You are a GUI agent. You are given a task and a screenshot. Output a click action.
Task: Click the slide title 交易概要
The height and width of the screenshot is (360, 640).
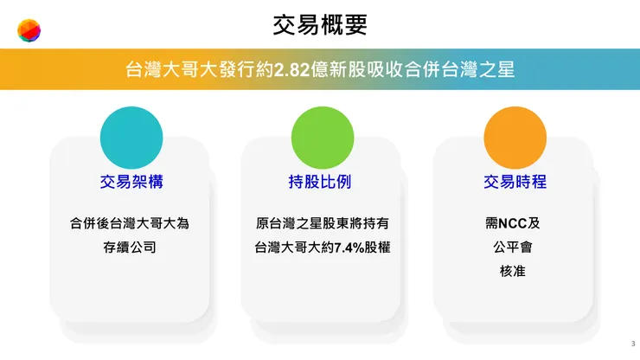pyautogui.click(x=320, y=26)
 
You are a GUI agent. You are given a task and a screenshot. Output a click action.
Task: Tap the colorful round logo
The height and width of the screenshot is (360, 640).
pyautogui.click(x=29, y=33)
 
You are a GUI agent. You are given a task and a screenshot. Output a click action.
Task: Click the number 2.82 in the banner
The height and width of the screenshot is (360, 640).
pyautogui.click(x=291, y=69)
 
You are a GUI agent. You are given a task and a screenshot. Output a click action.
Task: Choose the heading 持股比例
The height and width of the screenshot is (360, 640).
pyautogui.click(x=321, y=183)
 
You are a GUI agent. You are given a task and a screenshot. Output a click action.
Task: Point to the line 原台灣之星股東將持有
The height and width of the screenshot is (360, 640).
pyautogui.click(x=321, y=223)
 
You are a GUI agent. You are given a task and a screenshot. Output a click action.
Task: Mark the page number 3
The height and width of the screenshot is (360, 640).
pyautogui.click(x=632, y=344)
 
